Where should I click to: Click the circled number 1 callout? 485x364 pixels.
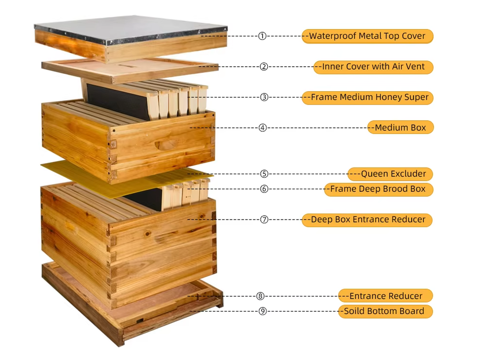pyautogui.click(x=262, y=36)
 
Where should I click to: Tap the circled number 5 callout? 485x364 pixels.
pyautogui.click(x=264, y=174)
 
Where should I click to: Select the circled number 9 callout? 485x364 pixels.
pyautogui.click(x=262, y=311)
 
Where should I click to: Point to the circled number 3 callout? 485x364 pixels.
pyautogui.click(x=264, y=97)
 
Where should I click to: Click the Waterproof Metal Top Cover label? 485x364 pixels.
pyautogui.click(x=367, y=36)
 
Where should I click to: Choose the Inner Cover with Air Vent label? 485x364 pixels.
pyautogui.click(x=373, y=67)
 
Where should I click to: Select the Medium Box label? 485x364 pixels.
pyautogui.click(x=401, y=127)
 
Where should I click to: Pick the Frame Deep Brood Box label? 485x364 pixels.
pyautogui.click(x=378, y=189)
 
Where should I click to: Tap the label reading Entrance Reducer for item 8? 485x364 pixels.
pyautogui.click(x=385, y=296)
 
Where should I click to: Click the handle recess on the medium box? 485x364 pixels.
pyautogui.click(x=166, y=144)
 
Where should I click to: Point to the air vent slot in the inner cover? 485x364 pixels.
pyautogui.click(x=126, y=66)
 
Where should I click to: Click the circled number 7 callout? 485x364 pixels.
pyautogui.click(x=264, y=220)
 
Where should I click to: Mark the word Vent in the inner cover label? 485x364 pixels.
pyautogui.click(x=414, y=67)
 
